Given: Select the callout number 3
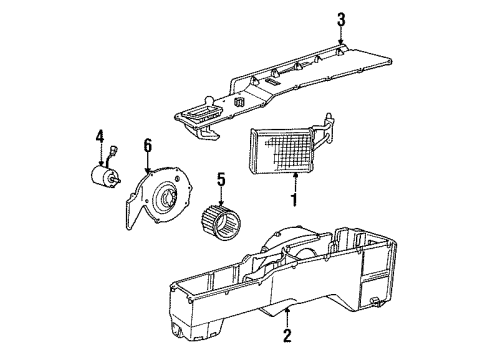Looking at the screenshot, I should pos(341,18).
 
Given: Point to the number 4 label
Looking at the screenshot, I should pos(100,135).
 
